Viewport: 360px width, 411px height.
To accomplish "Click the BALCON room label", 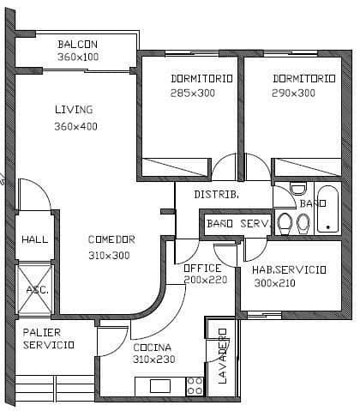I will [77, 45].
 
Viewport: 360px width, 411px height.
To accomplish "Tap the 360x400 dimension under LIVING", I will [76, 126].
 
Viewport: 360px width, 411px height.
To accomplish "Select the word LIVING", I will [74, 110].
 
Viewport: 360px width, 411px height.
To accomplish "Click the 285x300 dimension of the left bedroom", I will [192, 93].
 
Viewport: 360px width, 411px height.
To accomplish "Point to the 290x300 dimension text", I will [293, 93].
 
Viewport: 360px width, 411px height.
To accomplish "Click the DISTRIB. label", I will [216, 195].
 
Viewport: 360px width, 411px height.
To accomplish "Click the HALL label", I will [34, 239].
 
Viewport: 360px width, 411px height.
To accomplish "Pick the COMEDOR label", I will [111, 239].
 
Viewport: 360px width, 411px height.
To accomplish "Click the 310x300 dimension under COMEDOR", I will [109, 255].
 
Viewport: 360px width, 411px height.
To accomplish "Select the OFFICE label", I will [202, 268].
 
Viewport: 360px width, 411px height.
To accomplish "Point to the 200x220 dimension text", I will [205, 280].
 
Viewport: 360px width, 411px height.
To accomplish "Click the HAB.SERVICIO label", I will [289, 269].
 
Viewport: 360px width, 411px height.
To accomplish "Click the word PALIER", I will [40, 331].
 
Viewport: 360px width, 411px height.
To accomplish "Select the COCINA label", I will [152, 347].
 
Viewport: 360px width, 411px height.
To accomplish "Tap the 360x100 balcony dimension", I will [78, 57].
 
